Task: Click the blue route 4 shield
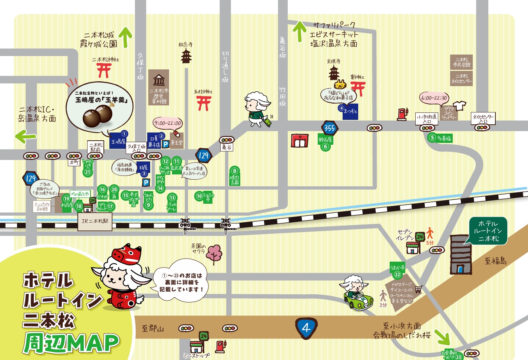pos(306,328)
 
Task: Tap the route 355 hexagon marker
pos(329,128)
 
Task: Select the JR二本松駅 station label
pos(95,221)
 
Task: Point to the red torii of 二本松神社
pos(104,70)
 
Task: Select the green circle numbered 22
pos(397,275)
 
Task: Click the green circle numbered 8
pos(234,171)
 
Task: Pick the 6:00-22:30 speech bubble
pos(434,98)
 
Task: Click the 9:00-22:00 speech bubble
pos(168,123)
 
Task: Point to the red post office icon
pos(300,141)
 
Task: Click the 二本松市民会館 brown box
pos(462,62)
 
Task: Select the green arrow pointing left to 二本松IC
pos(26,136)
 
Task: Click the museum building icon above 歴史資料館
pos(159,80)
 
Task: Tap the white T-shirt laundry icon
pos(459,106)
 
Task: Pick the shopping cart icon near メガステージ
pos(419,289)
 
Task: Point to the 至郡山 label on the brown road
pos(153,328)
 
